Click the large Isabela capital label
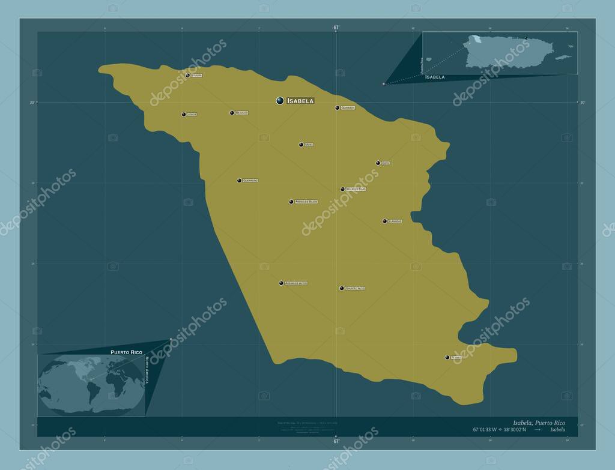pyautogui.click(x=300, y=101)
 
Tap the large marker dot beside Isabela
pyautogui.click(x=280, y=101)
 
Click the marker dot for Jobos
pyautogui.click(x=184, y=114)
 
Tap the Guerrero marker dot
pyautogui.click(x=239, y=180)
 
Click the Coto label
pyautogui.click(x=386, y=163)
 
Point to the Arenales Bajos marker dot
pyautogui.click(x=291, y=202)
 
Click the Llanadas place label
pyautogui.click(x=395, y=221)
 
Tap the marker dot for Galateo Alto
pyautogui.click(x=342, y=288)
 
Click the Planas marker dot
pyautogui.click(x=447, y=357)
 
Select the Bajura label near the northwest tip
pyautogui.click(x=197, y=76)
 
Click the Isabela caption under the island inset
pyautogui.click(x=435, y=77)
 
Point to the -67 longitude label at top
pyautogui.click(x=336, y=28)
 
